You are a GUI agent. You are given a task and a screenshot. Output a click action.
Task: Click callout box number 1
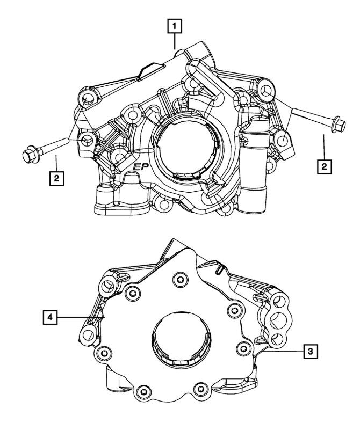click(175, 26)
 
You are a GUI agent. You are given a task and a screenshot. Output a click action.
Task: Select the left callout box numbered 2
click(56, 178)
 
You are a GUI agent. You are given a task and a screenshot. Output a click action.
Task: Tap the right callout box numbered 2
click(324, 166)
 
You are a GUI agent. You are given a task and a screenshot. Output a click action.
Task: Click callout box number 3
click(311, 351)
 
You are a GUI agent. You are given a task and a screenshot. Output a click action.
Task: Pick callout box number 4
click(50, 317)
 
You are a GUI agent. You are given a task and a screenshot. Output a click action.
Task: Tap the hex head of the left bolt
click(29, 155)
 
